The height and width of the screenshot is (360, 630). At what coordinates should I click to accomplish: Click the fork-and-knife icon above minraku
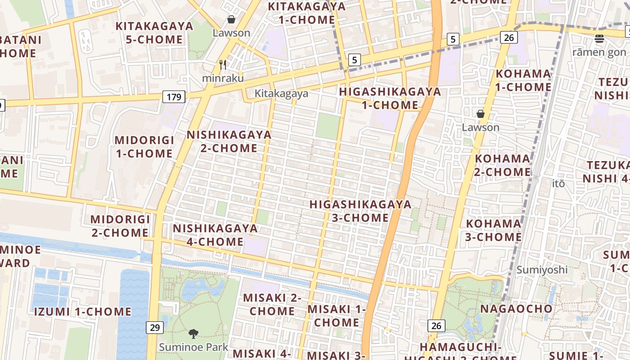pos(223,65)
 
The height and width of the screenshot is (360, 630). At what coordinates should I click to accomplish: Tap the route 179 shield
pos(174,97)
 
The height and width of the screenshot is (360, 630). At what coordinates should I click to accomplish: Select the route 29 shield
pos(154,327)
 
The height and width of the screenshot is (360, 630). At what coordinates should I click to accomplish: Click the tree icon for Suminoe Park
pos(193,334)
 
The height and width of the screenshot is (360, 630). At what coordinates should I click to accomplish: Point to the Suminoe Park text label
pos(193,347)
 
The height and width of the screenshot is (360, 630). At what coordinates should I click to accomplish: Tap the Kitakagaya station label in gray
pos(281,93)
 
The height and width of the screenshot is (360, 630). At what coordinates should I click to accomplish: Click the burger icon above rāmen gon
pos(599,39)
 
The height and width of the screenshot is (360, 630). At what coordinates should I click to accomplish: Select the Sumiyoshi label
pos(542,270)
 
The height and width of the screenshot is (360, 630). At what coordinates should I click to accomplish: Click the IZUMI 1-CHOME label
pos(83,311)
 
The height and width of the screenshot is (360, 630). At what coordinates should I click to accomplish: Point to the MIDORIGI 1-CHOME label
pos(144,147)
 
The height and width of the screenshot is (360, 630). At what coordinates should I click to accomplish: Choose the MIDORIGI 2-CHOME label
pos(120,226)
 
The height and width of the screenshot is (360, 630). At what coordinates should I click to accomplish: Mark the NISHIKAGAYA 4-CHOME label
pos(215,235)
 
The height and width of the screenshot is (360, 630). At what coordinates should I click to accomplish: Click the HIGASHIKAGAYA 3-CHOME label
pos(360,211)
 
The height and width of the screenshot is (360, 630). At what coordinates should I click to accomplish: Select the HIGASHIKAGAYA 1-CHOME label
pos(390,98)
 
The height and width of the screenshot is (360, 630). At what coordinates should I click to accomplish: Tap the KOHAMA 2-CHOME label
pos(503,165)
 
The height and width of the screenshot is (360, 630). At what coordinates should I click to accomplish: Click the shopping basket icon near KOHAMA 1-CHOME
pos(481,114)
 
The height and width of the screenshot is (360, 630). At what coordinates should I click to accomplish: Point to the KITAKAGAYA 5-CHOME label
pos(154,32)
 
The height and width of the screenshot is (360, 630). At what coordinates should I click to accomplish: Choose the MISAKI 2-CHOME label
pos(272,304)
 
